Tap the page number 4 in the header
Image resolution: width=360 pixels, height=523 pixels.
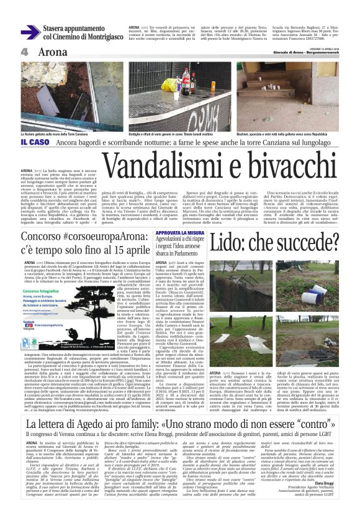click(x=24, y=53)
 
